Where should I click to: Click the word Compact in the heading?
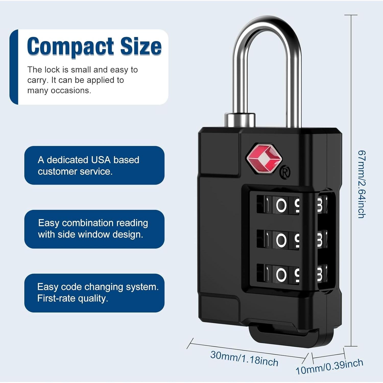tap(70, 46)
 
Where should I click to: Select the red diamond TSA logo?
tap(264, 158)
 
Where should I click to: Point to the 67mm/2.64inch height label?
tap(362, 184)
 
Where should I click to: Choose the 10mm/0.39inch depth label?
tap(329, 367)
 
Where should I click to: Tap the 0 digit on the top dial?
tap(281, 205)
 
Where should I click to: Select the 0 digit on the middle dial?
tap(281, 240)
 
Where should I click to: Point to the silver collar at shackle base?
tap(240, 120)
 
